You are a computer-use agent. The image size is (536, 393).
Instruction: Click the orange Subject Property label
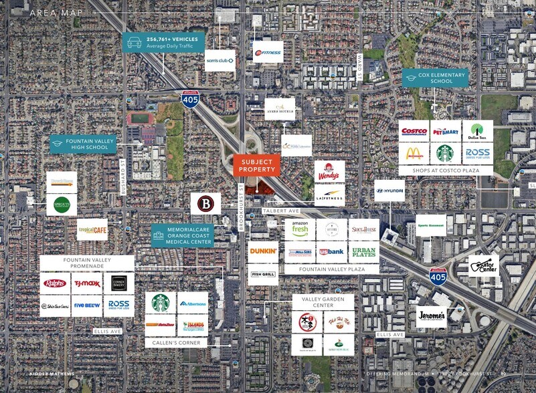click(256, 165)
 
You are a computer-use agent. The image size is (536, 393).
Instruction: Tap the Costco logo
click(414, 131)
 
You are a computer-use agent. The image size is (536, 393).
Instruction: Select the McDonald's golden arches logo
click(414, 154)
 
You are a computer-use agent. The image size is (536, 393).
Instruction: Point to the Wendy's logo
click(329, 170)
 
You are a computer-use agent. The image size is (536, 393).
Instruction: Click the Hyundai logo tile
click(389, 190)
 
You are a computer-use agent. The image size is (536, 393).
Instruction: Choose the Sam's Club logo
click(220, 60)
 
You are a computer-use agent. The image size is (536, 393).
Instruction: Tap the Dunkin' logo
click(263, 252)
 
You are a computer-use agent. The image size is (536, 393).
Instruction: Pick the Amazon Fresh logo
click(299, 229)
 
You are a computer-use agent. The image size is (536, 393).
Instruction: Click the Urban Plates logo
click(364, 252)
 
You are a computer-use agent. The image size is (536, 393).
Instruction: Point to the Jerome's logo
click(431, 316)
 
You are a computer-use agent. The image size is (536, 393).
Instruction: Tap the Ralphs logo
click(54, 283)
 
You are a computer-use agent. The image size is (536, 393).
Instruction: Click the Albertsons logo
click(193, 303)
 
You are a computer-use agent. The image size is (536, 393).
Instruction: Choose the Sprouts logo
click(62, 205)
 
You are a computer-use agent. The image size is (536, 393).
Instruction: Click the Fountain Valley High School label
click(84, 144)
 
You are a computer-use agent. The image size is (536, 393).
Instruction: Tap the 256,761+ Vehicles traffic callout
click(164, 43)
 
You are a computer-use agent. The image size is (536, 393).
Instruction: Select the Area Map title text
click(56, 13)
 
